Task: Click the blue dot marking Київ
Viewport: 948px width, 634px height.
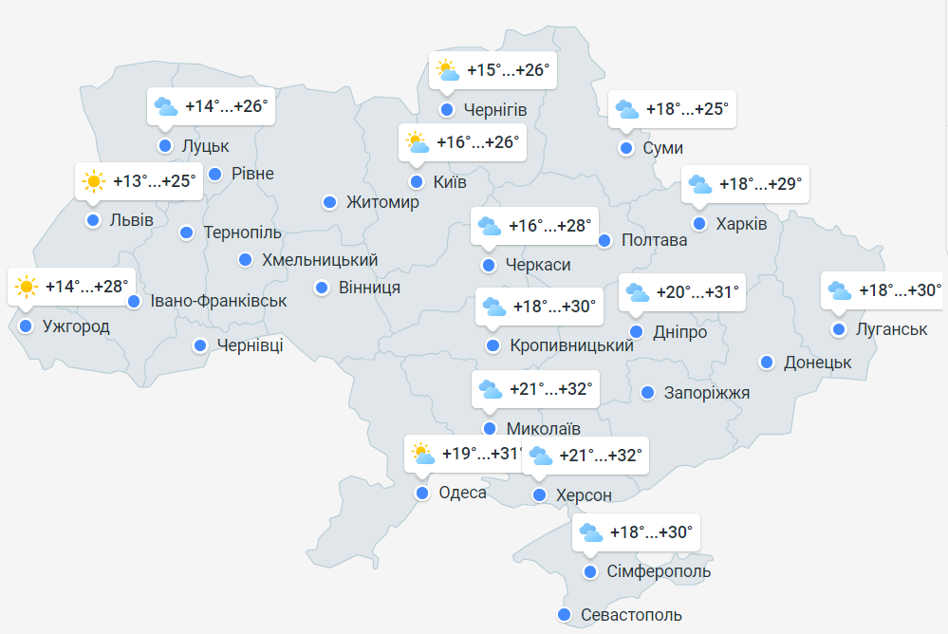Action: click(416, 181)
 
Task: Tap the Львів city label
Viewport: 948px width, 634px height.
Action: click(131, 220)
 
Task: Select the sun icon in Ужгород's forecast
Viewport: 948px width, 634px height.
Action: click(26, 286)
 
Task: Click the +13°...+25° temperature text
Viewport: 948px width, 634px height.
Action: click(155, 180)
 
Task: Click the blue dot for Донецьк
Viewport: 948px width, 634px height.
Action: click(767, 362)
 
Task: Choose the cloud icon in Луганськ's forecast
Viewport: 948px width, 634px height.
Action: click(840, 289)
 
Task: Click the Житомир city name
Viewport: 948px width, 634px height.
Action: click(382, 202)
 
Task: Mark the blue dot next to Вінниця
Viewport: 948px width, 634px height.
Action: click(322, 287)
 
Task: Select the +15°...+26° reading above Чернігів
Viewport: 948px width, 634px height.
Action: click(509, 69)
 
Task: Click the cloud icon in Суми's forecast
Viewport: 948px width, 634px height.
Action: click(627, 108)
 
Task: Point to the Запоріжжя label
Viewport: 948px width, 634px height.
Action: click(707, 392)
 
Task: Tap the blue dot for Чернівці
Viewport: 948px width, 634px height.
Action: click(200, 345)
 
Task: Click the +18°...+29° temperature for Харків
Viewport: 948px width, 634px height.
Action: click(761, 183)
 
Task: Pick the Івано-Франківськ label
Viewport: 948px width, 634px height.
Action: click(218, 301)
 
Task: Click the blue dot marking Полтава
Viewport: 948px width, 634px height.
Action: click(604, 240)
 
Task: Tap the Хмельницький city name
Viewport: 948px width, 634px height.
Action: click(320, 259)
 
